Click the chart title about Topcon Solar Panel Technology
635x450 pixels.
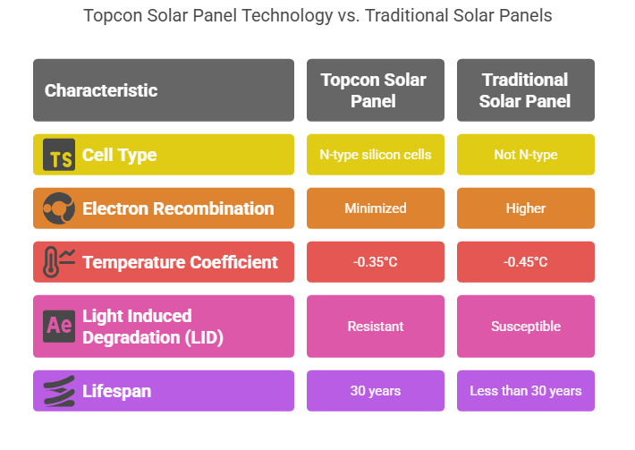pos(317,16)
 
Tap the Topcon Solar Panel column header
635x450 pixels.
pos(375,90)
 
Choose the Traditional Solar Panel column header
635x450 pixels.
pos(525,90)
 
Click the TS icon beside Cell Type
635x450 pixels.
pos(59,156)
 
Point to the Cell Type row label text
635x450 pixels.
pos(119,155)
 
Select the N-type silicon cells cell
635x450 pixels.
pos(375,155)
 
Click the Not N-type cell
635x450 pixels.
pos(525,155)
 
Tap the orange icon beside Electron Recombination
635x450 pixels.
pos(59,209)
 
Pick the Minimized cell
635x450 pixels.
pos(375,208)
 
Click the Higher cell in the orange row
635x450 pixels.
pos(525,208)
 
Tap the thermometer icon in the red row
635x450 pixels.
pos(59,262)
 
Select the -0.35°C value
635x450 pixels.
pos(375,262)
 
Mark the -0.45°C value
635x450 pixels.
pos(525,262)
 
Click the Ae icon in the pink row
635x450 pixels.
pos(59,326)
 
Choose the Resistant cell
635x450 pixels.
pos(375,327)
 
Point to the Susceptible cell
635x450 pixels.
pos(525,327)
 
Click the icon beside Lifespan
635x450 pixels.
pos(59,391)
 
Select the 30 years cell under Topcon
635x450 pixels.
pos(375,391)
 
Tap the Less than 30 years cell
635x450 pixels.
pos(525,391)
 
